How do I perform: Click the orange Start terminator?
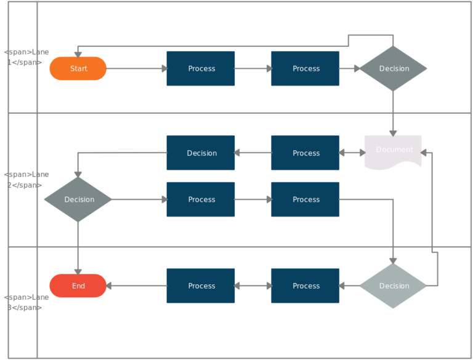(x=78, y=68)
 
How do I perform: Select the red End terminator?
(x=78, y=286)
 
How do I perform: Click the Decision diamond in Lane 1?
(x=393, y=68)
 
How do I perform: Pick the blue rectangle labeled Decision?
(x=201, y=153)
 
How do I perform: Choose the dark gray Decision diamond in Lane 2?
(x=78, y=199)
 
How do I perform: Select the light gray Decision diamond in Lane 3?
(x=393, y=286)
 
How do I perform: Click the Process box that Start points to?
(x=201, y=68)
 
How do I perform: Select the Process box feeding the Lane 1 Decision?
(x=305, y=68)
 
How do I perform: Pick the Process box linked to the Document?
(x=305, y=153)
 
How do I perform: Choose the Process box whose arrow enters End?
(x=201, y=286)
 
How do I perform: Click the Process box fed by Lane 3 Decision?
(x=305, y=286)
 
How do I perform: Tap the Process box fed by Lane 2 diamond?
(x=201, y=199)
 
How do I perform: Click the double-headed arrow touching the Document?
(x=352, y=153)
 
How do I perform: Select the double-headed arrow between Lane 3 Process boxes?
(x=253, y=286)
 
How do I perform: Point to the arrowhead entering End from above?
(x=78, y=270)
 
